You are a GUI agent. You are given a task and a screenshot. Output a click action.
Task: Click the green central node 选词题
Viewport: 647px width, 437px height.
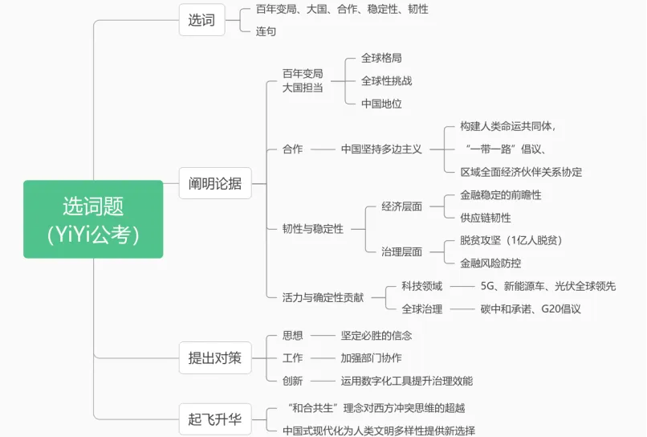pyautogui.click(x=93, y=218)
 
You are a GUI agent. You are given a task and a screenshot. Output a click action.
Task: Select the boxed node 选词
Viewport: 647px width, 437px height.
pyautogui.click(x=201, y=20)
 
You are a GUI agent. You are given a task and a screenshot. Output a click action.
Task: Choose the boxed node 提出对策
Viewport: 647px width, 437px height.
pyautogui.click(x=214, y=358)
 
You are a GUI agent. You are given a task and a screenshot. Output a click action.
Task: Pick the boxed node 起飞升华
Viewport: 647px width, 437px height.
pyautogui.click(x=214, y=419)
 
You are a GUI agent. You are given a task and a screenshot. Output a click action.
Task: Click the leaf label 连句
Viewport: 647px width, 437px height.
pyautogui.click(x=266, y=31)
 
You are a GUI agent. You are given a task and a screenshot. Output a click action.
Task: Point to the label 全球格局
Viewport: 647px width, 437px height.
pyautogui.click(x=381, y=58)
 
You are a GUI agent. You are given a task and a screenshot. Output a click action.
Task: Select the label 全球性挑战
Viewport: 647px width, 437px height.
pyautogui.click(x=386, y=80)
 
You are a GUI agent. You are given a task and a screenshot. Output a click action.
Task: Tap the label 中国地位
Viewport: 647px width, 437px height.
pyautogui.click(x=381, y=104)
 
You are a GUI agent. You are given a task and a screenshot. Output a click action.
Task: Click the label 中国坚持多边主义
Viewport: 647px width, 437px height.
pyautogui.click(x=381, y=149)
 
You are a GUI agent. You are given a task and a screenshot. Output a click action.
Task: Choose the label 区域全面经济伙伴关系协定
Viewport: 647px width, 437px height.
pyautogui.click(x=521, y=172)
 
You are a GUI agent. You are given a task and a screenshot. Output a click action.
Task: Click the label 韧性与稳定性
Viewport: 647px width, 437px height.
pyautogui.click(x=312, y=229)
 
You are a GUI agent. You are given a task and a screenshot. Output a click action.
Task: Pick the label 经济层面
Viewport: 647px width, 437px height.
pyautogui.click(x=401, y=206)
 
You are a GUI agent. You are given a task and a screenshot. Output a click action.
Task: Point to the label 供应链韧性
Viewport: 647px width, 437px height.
pyautogui.click(x=485, y=218)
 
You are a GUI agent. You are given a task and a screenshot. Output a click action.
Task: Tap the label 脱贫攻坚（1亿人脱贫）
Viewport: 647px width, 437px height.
pyautogui.click(x=511, y=240)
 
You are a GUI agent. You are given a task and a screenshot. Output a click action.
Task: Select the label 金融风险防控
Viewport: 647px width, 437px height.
pyautogui.click(x=490, y=263)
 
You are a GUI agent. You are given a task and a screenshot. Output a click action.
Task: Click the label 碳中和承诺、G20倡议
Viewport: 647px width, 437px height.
pyautogui.click(x=530, y=308)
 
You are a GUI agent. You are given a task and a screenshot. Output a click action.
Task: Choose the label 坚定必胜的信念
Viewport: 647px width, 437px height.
pyautogui.click(x=376, y=335)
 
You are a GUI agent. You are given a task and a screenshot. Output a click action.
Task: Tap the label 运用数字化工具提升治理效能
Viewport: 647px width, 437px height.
pyautogui.click(x=406, y=381)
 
